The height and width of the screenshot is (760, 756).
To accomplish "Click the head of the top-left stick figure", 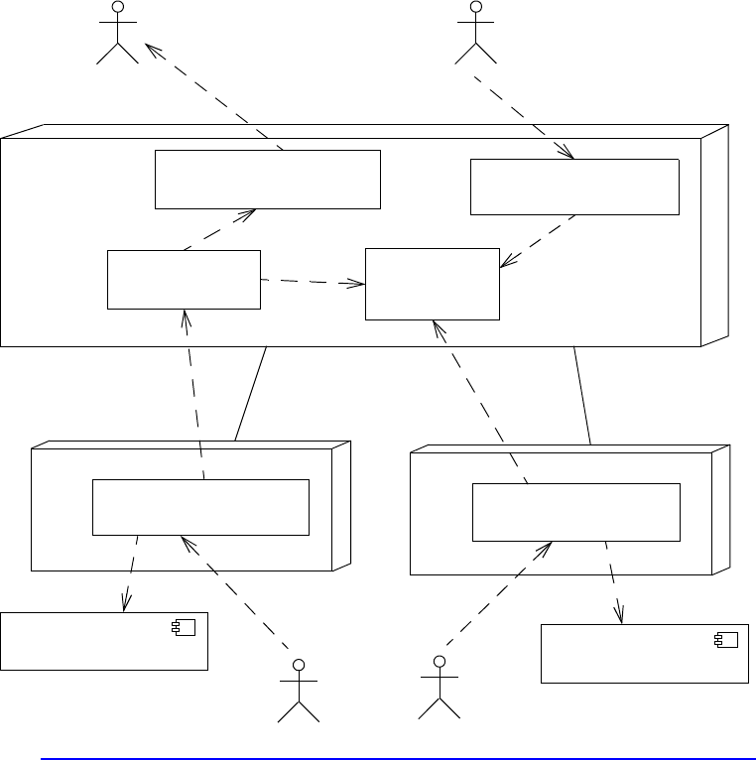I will pyautogui.click(x=118, y=8).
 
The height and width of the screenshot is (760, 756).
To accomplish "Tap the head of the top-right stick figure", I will pyautogui.click(x=475, y=8).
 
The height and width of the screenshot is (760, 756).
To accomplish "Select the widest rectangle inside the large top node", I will pyautogui.click(x=268, y=180).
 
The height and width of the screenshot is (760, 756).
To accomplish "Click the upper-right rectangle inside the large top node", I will pyautogui.click(x=574, y=187).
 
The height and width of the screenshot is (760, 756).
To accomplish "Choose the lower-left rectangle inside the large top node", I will pyautogui.click(x=184, y=280).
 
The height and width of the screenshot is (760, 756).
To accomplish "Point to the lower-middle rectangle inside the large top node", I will pyautogui.click(x=433, y=284).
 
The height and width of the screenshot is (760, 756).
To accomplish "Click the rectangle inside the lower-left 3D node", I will pyautogui.click(x=200, y=507).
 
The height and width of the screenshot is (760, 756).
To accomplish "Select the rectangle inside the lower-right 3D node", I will pyautogui.click(x=575, y=512).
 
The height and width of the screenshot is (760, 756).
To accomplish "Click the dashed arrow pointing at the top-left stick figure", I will pyautogui.click(x=213, y=97).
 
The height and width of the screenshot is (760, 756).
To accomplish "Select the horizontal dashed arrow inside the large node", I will pyautogui.click(x=313, y=283).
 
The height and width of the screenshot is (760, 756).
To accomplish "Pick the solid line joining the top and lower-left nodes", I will pyautogui.click(x=251, y=393).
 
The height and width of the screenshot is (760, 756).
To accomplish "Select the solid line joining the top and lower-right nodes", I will pyautogui.click(x=582, y=395).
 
